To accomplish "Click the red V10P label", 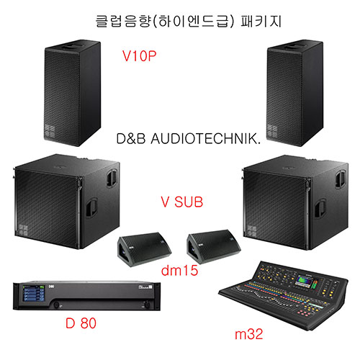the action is point(139,56).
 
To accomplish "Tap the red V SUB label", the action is point(182,202).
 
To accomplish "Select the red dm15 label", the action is point(179,270).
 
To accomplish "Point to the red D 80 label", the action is point(81,323).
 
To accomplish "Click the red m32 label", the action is point(249,334).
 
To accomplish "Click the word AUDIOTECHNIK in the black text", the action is point(205,139).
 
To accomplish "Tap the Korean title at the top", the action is point(189,21).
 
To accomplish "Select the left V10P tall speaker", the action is point(72,93).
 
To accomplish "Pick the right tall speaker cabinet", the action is point(295,93).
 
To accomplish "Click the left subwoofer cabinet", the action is point(66,202).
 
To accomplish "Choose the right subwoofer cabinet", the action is point(295,202).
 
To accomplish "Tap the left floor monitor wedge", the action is point(144,249).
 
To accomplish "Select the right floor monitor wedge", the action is point(214,247).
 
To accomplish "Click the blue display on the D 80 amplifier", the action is point(34,293).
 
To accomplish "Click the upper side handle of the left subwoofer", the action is point(112,177).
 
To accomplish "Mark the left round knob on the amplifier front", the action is point(56,305).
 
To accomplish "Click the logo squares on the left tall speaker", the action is point(50,131).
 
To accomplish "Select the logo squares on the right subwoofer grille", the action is point(252,231).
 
